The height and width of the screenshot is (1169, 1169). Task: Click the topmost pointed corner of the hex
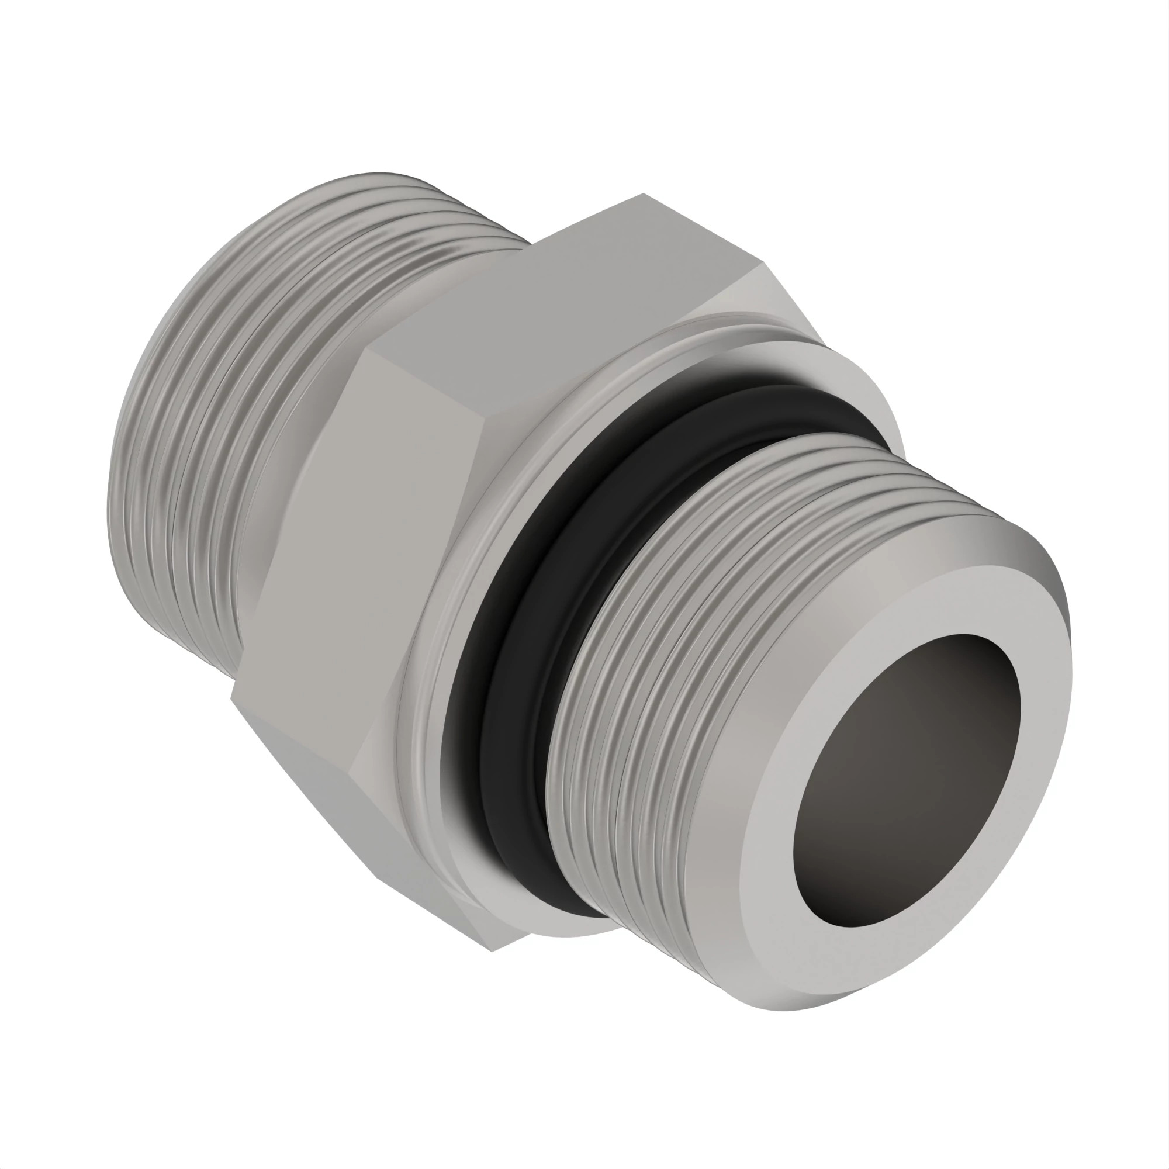pos(643,194)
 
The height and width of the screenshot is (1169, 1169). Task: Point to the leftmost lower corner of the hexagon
pos(231,698)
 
